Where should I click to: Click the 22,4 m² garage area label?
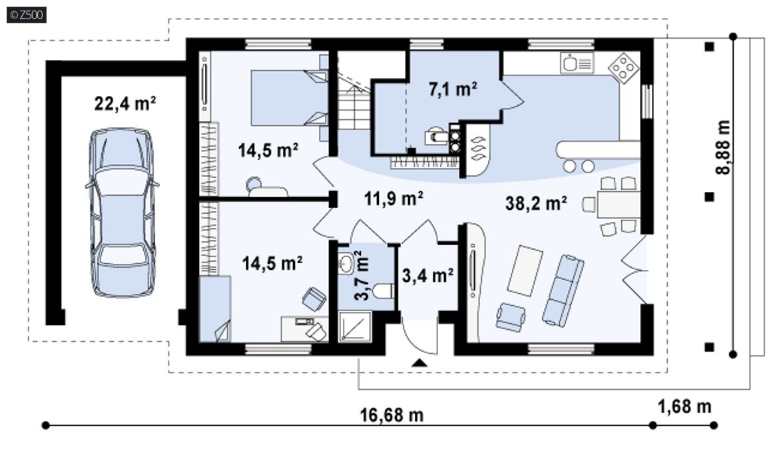[x=125, y=104]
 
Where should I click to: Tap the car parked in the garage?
[x=122, y=213]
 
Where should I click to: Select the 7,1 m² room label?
[x=453, y=89]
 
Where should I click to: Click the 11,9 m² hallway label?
[x=393, y=199]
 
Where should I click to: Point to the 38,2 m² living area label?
[x=536, y=203]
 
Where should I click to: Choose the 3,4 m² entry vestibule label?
[x=427, y=276]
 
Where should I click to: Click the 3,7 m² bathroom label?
[x=362, y=276]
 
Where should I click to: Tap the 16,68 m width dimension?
[x=391, y=415]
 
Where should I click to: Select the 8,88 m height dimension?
[x=722, y=147]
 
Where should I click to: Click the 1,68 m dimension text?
[x=684, y=406]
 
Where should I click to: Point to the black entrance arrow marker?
[x=419, y=363]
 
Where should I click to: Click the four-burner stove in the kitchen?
[x=623, y=67]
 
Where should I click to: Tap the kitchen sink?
[x=577, y=63]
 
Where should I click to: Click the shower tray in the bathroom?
[x=355, y=326]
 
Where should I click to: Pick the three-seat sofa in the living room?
[x=563, y=290]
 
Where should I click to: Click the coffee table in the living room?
[x=525, y=270]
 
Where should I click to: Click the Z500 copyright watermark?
[x=27, y=15]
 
